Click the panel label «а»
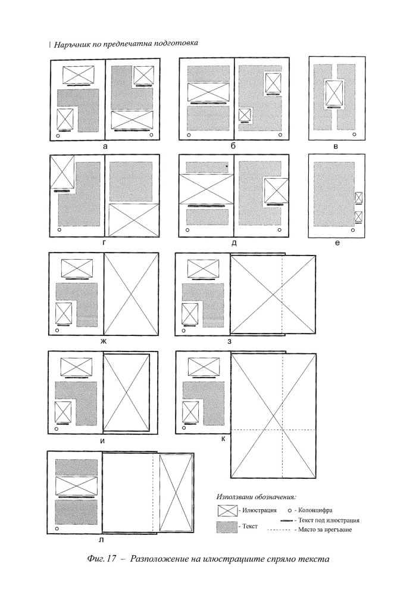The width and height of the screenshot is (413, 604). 105,147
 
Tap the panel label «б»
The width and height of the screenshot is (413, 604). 233,146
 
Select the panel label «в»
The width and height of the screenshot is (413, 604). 336,147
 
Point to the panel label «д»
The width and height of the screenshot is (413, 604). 234,243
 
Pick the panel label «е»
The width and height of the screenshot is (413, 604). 337,243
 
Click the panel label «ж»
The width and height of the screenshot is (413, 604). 104,341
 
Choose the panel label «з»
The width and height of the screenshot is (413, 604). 229,341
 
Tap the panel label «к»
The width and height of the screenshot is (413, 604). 223,439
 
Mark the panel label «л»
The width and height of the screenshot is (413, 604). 101,540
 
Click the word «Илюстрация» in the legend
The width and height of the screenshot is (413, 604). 259,510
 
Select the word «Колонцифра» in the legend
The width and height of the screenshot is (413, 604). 315,510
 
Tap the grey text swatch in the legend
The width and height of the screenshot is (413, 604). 227,527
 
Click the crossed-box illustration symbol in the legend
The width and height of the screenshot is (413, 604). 227,510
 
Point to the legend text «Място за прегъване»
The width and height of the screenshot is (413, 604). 325,530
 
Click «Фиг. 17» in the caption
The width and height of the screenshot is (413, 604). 102,559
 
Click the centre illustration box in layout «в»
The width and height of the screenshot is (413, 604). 334,93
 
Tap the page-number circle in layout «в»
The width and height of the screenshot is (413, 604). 355,134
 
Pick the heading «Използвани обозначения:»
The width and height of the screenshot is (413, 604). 256,497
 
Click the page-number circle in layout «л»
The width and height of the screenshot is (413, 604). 57,529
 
